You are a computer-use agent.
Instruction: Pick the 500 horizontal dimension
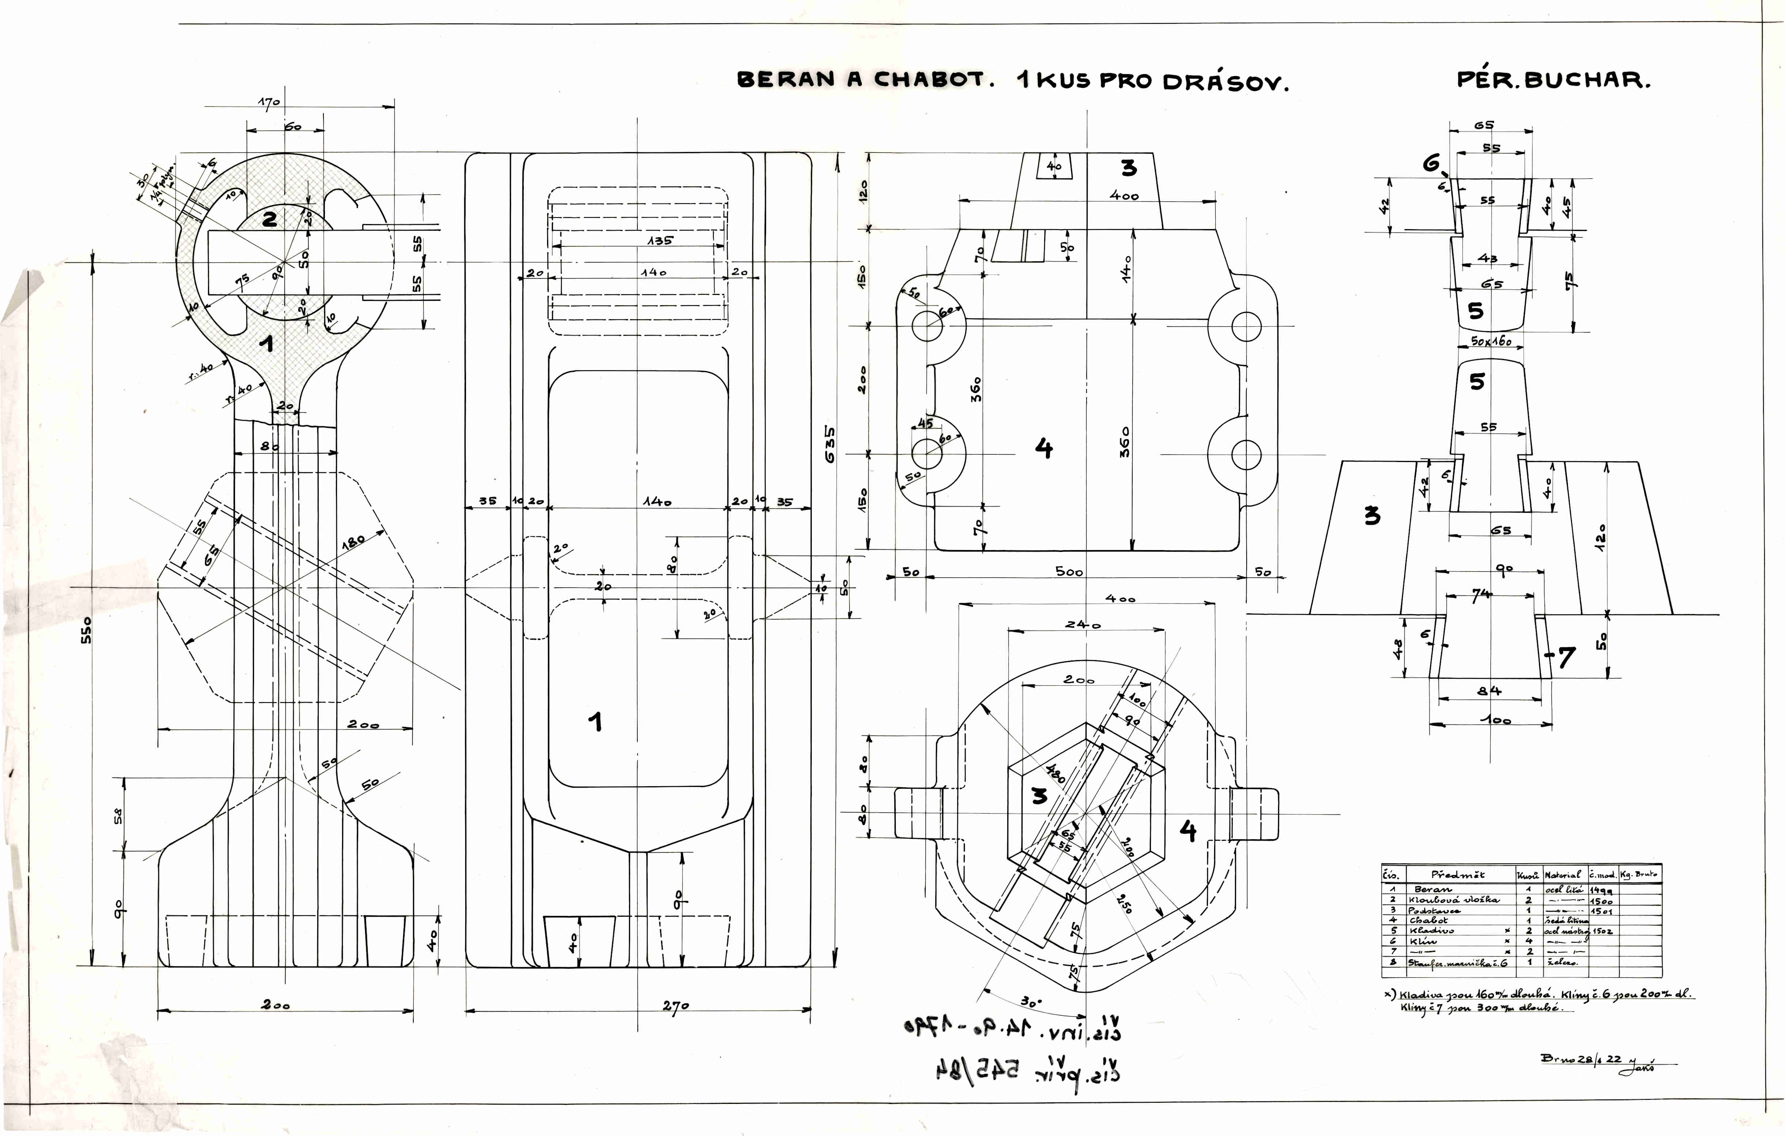(x=1069, y=572)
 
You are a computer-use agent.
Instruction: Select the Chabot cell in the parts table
(x=1428, y=920)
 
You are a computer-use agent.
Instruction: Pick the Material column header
(x=1563, y=875)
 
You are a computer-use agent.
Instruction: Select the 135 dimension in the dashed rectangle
(x=660, y=241)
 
